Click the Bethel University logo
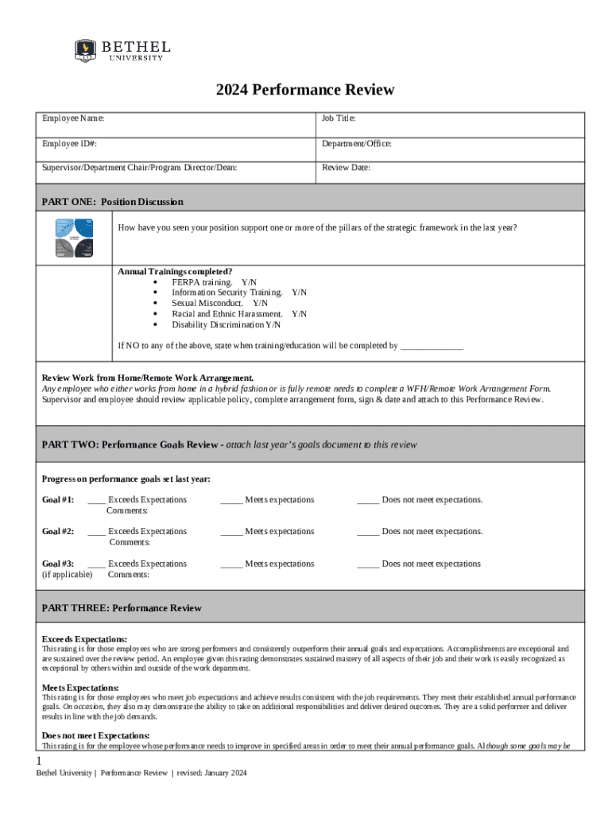coord(122,50)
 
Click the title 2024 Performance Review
coord(305,90)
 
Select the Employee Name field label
coord(73,118)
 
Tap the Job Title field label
coord(339,118)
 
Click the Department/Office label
coord(356,144)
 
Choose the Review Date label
coord(346,168)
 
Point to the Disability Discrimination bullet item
coord(226,324)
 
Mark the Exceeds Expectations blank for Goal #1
coord(96,500)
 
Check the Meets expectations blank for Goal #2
coord(231,532)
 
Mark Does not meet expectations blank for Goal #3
coord(368,564)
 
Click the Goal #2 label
coord(57,532)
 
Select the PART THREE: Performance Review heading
coord(122,608)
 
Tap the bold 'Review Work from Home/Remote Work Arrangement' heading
coord(148,378)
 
